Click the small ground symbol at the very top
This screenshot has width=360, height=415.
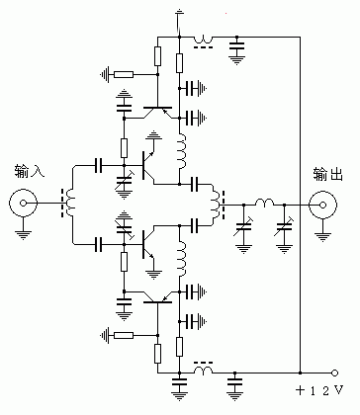178,14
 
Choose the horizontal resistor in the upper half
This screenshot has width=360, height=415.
124,72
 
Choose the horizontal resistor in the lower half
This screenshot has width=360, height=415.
124,336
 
